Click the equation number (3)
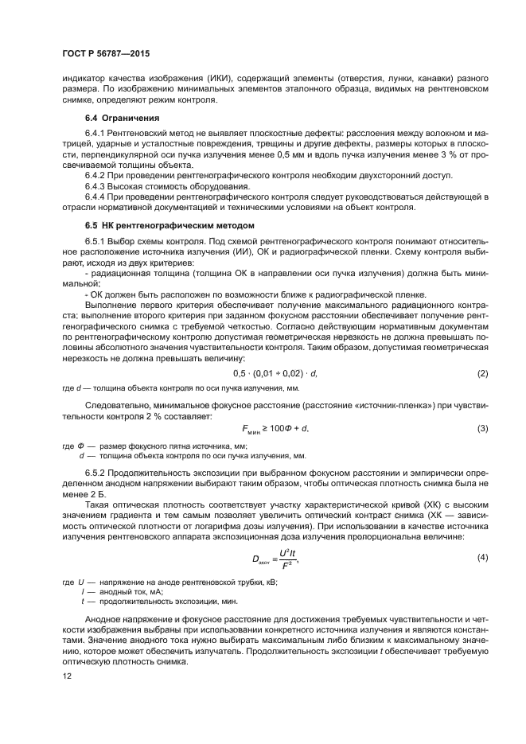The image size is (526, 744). pyautogui.click(x=481, y=429)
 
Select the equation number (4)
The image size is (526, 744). pyautogui.click(x=481, y=557)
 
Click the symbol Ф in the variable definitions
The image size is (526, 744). pyautogui.click(x=80, y=446)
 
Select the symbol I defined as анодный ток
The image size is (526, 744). pyautogui.click(x=83, y=592)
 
